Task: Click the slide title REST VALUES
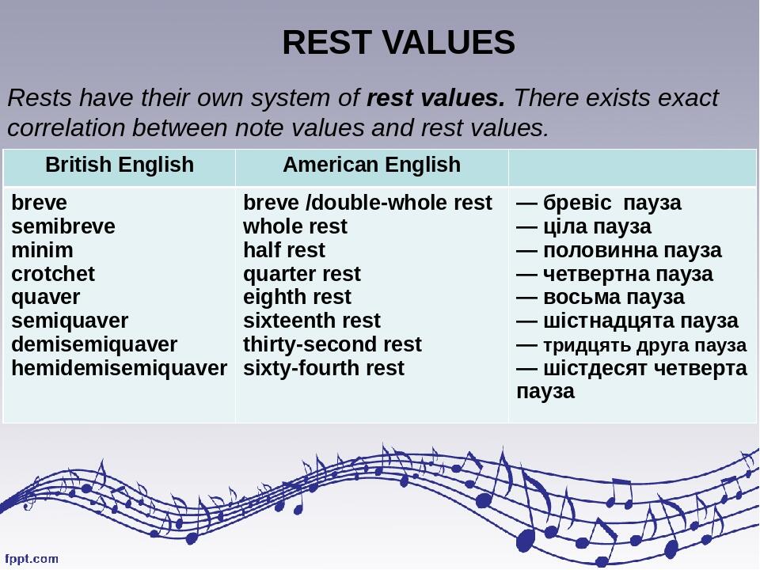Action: pyautogui.click(x=398, y=43)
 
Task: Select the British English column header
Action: pyautogui.click(x=120, y=165)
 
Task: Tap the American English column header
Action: pyautogui.click(x=371, y=165)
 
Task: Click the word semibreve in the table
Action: pyautogui.click(x=63, y=226)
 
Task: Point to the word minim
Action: pyautogui.click(x=43, y=250)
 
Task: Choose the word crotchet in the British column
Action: pyautogui.click(x=53, y=274)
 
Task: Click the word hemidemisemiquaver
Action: pyautogui.click(x=120, y=368)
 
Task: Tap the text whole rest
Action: pyautogui.click(x=295, y=226)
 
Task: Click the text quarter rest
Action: pyautogui.click(x=302, y=274)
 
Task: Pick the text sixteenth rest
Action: pyautogui.click(x=312, y=321)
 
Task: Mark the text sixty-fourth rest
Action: pyautogui.click(x=324, y=368)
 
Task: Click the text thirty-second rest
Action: pyautogui.click(x=332, y=344)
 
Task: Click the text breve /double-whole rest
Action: pyautogui.click(x=367, y=203)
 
